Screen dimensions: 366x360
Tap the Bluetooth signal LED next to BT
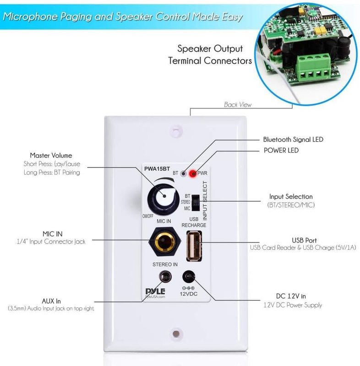coord(183,173)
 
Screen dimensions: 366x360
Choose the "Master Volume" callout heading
coord(51,156)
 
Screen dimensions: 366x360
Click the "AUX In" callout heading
coord(51,301)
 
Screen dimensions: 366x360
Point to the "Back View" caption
coord(238,105)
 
